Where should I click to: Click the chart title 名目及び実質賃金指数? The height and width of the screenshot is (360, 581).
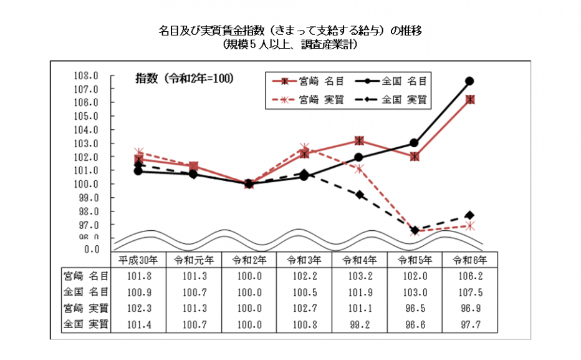click(290, 31)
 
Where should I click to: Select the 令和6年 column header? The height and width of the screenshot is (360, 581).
click(469, 259)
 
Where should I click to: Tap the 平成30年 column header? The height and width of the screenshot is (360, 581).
click(138, 259)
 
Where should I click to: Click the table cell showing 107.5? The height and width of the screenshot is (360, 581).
click(469, 291)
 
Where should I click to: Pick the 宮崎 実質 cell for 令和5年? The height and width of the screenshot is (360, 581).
click(414, 308)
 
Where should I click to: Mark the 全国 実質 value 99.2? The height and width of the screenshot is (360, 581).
click(359, 324)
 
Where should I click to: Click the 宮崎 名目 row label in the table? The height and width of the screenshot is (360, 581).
click(86, 275)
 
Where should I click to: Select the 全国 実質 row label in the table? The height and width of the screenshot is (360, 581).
click(86, 324)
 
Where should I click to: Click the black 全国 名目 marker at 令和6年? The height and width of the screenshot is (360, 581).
click(469, 81)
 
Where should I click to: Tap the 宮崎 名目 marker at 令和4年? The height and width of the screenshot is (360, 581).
click(359, 141)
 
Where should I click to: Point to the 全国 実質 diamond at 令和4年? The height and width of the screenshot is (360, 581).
click(359, 195)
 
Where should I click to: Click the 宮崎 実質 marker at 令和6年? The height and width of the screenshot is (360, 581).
click(469, 226)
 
